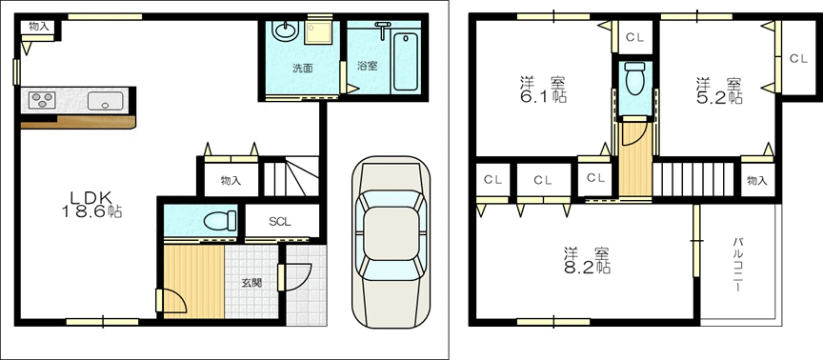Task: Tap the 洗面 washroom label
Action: (302, 68)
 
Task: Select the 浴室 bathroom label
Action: (367, 66)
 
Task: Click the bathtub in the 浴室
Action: (405, 61)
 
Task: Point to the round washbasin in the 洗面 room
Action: (285, 30)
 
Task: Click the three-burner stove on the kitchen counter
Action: (43, 100)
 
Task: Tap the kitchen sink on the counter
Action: (105, 100)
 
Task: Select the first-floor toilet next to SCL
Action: (220, 222)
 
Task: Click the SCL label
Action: (280, 222)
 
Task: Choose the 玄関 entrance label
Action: (251, 283)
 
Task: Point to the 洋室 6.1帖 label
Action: (543, 90)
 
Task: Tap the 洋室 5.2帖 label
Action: (719, 90)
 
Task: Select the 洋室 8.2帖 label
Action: (587, 260)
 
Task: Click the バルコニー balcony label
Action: (737, 265)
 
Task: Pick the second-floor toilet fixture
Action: (635, 79)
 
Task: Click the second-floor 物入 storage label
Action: (757, 181)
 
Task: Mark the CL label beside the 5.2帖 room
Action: (798, 59)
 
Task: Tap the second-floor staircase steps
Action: (693, 179)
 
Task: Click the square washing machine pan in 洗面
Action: (318, 33)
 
